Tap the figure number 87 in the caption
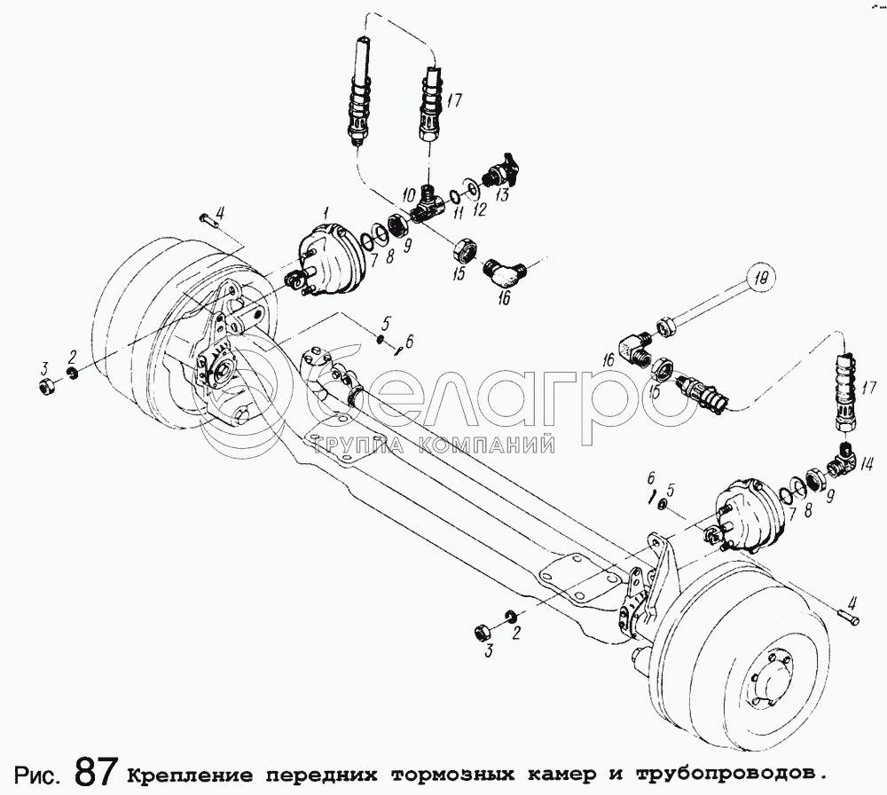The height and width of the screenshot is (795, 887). (96, 772)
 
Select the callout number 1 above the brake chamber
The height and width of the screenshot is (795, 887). (326, 213)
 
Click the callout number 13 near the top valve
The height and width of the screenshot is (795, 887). (502, 195)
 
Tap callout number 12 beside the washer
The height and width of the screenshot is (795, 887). (480, 210)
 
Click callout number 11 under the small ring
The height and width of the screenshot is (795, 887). (459, 213)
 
